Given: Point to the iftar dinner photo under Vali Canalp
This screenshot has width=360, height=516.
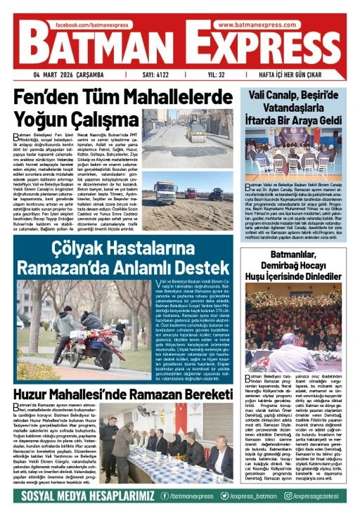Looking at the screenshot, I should [x=300, y=150].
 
